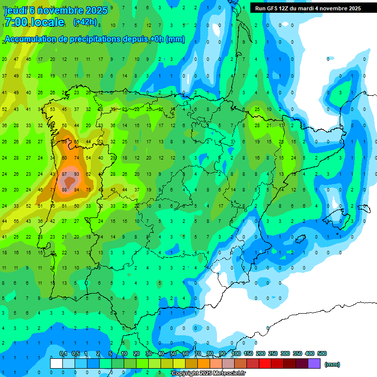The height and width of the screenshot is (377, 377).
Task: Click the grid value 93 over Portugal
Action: (x=77, y=174)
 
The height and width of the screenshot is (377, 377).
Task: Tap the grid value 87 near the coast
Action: (x=65, y=174)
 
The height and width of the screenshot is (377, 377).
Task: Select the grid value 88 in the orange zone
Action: (x=65, y=190)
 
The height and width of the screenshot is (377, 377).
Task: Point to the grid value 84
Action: (x=77, y=190)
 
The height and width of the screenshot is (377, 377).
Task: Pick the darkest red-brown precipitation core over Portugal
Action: (x=71, y=182)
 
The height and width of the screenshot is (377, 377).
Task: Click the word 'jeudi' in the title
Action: (x=15, y=10)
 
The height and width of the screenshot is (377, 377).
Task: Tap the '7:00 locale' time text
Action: (x=34, y=22)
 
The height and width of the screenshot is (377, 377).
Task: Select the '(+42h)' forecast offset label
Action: (x=84, y=22)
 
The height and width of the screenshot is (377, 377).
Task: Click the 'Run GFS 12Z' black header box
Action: (x=308, y=8)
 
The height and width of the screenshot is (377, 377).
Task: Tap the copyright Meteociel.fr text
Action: (x=209, y=374)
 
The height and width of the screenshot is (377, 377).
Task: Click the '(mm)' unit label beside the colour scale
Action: (x=332, y=364)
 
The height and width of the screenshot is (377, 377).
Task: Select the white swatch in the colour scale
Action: (x=56, y=363)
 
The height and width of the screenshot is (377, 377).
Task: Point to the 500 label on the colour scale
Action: (x=322, y=353)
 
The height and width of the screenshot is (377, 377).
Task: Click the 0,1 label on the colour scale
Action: (x=63, y=353)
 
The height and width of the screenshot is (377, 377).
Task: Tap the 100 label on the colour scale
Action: (x=236, y=353)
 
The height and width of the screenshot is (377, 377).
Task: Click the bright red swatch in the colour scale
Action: (x=265, y=363)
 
